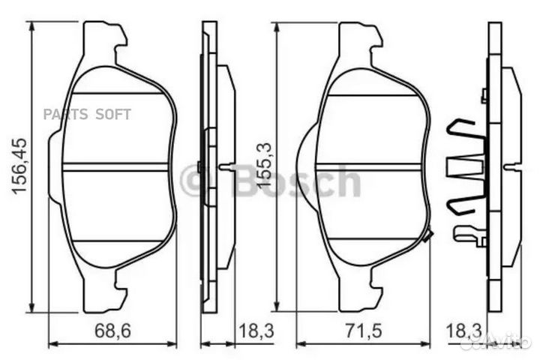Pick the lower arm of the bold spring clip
[463, 203]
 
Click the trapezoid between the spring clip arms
[465, 167]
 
